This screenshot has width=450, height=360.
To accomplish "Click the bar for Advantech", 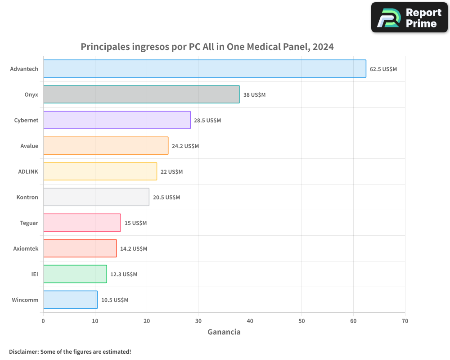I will point(205,69).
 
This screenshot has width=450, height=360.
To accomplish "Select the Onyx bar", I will point(141,94).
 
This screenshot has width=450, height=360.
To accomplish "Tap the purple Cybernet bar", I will point(117,120).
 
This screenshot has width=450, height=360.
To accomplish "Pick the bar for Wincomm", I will point(70,300).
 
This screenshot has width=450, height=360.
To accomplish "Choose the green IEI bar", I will point(75,274).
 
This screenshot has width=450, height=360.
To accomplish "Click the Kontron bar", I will point(96,197).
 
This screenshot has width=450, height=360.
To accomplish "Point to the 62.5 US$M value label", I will point(383,69).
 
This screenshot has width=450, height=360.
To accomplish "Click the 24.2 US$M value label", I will point(185,146).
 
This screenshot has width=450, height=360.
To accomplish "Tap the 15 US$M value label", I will point(135,223).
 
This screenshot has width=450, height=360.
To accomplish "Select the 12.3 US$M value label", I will point(124,274).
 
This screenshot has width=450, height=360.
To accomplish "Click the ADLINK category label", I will point(28,171).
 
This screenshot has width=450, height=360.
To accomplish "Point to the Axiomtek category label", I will point(26,248).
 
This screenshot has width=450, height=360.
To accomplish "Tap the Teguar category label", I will point(29,223).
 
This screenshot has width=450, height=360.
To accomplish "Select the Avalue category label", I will point(29,146).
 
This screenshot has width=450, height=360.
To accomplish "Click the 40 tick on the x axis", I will point(250,321).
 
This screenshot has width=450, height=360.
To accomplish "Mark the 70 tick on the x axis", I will point(405,321).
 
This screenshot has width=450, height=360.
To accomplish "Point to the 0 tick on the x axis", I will point(43,321).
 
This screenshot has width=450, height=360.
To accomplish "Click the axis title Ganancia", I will point(224,332).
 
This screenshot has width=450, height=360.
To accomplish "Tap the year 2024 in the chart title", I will point(323,47).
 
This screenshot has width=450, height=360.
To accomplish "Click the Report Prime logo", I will point(409,18).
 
